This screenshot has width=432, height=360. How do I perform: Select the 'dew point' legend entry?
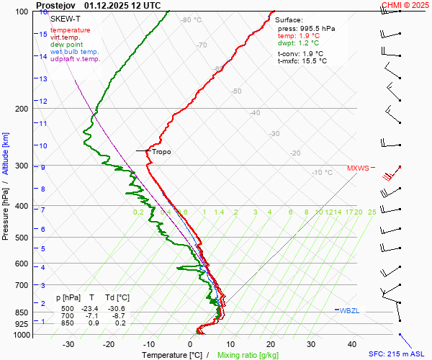[x=67, y=45]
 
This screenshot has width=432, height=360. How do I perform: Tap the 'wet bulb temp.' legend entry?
[x=75, y=52]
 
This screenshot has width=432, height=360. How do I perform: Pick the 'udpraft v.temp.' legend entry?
[x=76, y=59]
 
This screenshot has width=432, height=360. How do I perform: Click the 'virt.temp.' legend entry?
[x=66, y=37]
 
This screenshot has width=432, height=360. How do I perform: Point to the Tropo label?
[x=161, y=152]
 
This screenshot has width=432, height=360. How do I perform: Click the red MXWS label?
[x=358, y=168]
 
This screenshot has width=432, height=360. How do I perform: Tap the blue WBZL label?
[x=349, y=310]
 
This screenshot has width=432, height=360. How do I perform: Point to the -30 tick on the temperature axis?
[x=68, y=344]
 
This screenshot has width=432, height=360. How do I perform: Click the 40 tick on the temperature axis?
[x=352, y=344]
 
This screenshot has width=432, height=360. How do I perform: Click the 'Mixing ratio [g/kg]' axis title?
[x=248, y=355]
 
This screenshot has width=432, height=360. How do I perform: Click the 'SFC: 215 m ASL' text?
[x=397, y=354]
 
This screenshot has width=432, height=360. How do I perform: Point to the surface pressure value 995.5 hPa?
[x=318, y=28]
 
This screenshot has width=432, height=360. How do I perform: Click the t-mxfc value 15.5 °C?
[x=313, y=61]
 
